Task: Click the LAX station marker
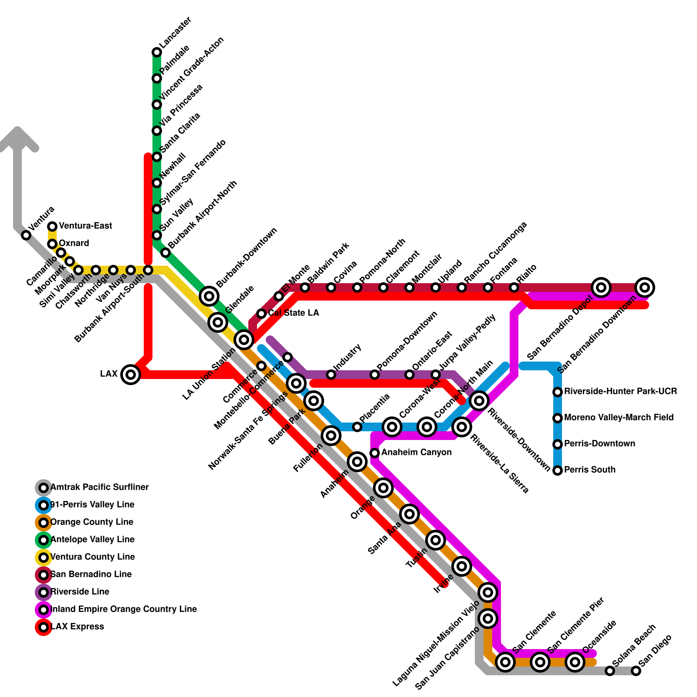coord(131,374)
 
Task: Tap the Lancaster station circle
coord(157,52)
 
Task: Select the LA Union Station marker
coord(244,339)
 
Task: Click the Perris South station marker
coord(558,470)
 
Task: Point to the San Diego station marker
coord(636,671)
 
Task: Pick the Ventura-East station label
coord(85,226)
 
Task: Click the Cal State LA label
coord(294,313)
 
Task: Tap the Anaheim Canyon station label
coord(416,453)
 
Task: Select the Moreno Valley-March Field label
coord(619,418)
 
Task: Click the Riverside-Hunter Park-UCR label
coord(620,392)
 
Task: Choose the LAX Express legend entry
coord(77,627)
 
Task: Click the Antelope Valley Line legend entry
coord(92,540)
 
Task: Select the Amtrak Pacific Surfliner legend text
coord(99,487)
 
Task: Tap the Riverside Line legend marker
coord(44,592)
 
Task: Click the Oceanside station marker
coord(575,662)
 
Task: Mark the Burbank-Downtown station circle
coord(209,296)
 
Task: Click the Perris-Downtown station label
coord(599,444)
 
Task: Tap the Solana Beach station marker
coord(610,671)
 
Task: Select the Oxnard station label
coord(74,244)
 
